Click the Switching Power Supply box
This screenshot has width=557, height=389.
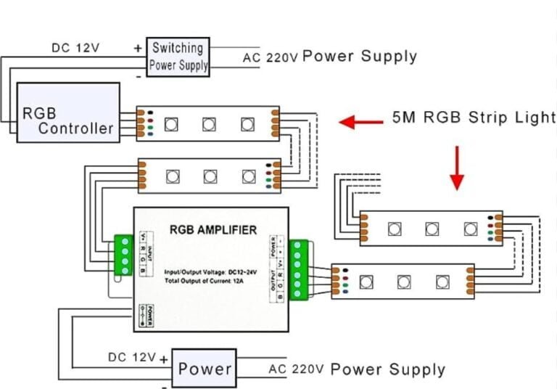[x=178, y=57]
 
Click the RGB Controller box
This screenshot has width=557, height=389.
[x=69, y=112]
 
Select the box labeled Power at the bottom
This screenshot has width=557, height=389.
[x=205, y=368]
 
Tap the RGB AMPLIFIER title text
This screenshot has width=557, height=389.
[x=213, y=231]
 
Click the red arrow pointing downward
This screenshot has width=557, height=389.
[x=457, y=168]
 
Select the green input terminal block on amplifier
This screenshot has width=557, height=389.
[x=123, y=255]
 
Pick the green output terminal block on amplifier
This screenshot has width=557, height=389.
[x=298, y=269]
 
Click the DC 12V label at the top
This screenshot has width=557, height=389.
[x=75, y=49]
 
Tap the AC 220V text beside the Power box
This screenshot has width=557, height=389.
[x=295, y=369]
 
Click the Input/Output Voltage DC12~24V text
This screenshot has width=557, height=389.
[x=209, y=270]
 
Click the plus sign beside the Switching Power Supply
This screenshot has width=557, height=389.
[x=138, y=48]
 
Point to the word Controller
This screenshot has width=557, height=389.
[x=76, y=128]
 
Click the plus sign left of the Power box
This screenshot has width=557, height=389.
[x=165, y=359]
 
